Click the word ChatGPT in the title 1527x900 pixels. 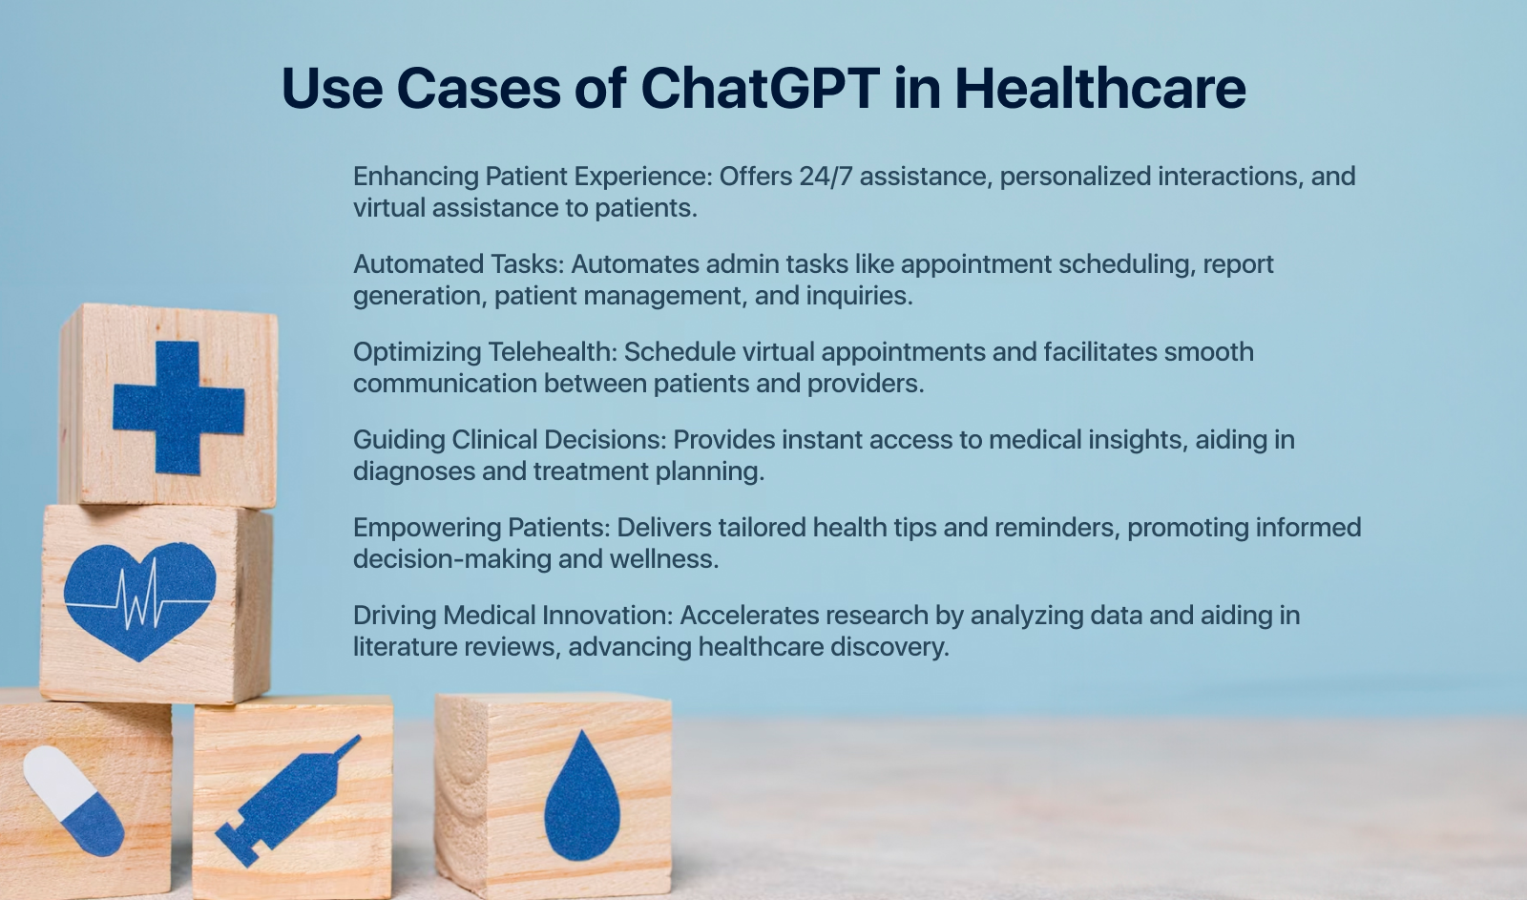click(x=760, y=88)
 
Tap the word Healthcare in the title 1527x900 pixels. click(x=1099, y=88)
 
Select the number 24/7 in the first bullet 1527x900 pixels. click(x=826, y=177)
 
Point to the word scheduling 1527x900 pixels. click(x=1126, y=264)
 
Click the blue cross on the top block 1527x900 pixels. click(x=178, y=408)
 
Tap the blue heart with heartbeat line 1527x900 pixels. click(x=139, y=598)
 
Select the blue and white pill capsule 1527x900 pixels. click(x=73, y=802)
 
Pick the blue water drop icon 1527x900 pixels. click(x=581, y=797)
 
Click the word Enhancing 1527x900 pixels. click(x=416, y=177)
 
